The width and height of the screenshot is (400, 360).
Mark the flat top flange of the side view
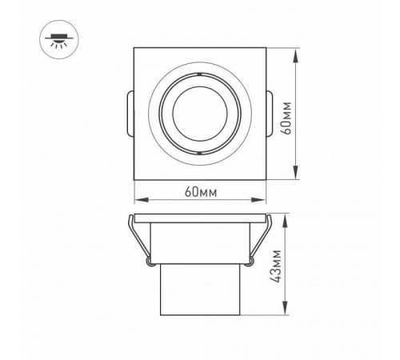point(199,218)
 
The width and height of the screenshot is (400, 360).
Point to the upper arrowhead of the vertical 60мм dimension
point(297,54)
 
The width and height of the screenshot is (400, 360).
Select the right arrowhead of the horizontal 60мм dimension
point(262,201)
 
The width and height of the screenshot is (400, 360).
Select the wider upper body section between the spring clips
point(199,244)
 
